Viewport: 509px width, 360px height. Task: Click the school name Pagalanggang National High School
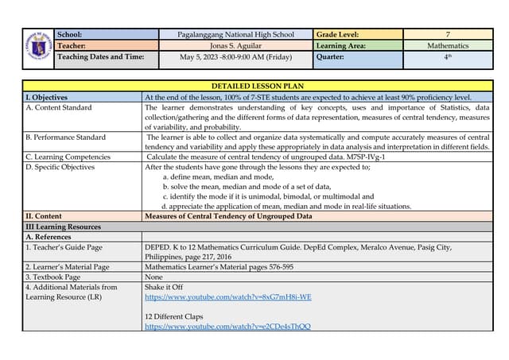(236, 35)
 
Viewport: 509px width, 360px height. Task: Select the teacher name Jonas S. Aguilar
(236, 46)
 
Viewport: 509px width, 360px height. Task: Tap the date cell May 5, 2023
(236, 57)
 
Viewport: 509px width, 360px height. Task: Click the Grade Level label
(337, 35)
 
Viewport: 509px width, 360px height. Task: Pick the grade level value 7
(448, 35)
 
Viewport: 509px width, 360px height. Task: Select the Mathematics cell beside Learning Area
(448, 46)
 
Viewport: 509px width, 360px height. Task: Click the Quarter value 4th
(448, 57)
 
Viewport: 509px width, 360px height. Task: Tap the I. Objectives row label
(46, 96)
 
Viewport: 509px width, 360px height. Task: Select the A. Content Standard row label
(59, 107)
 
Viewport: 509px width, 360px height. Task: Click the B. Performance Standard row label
(65, 137)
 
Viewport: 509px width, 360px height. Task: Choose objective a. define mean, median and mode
(213, 176)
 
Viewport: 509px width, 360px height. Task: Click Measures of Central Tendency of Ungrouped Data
(228, 216)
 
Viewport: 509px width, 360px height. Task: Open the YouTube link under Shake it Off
(227, 296)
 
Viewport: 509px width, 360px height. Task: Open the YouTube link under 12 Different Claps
(227, 327)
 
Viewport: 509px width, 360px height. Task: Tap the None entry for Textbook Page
(153, 277)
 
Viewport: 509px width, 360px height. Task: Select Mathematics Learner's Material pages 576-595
(219, 267)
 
